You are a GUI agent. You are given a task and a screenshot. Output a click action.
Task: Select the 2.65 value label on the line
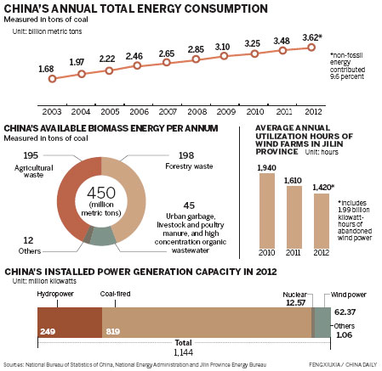166,53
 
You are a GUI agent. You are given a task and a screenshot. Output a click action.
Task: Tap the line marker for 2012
311,48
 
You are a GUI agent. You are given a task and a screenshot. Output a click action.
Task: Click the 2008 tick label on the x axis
196,109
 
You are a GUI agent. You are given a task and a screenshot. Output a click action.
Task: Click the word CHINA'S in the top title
27,10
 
